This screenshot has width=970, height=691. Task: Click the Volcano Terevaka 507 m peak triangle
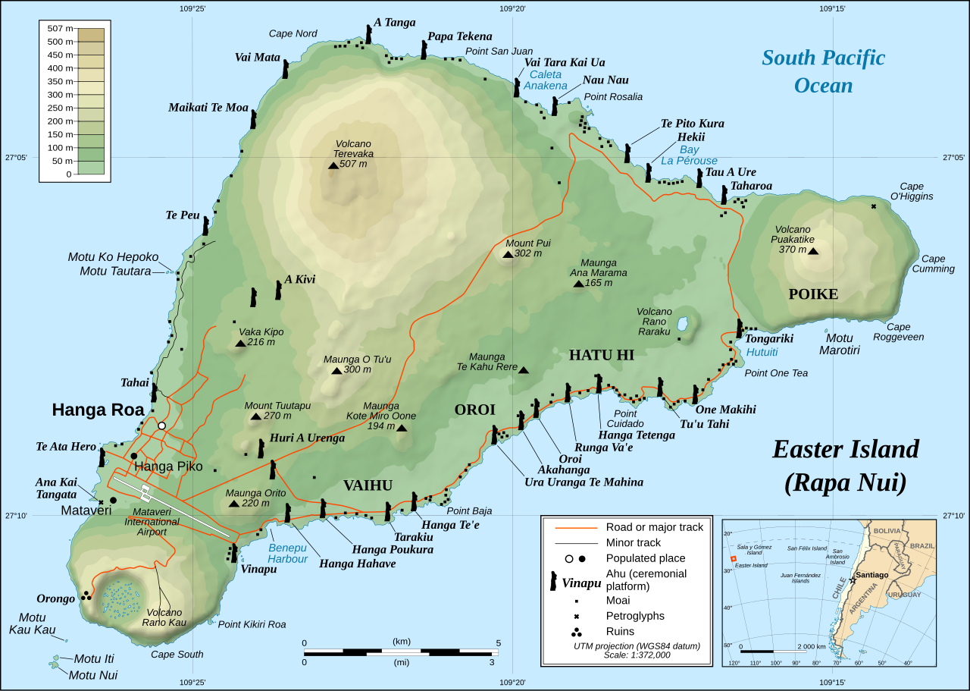(x=333, y=165)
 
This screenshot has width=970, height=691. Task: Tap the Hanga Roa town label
(x=98, y=410)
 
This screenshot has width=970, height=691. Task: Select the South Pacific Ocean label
(x=823, y=71)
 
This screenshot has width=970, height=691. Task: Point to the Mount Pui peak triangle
(x=508, y=254)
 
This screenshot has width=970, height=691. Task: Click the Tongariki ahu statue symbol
(x=739, y=328)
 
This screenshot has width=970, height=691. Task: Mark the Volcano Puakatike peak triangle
(x=813, y=250)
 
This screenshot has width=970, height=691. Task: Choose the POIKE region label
(x=813, y=294)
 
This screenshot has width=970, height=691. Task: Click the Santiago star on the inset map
(x=853, y=580)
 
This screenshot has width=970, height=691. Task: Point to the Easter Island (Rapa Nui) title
(x=845, y=465)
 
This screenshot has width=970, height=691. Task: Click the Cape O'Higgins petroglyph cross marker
(x=874, y=206)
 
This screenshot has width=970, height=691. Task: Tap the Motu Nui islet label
(x=93, y=674)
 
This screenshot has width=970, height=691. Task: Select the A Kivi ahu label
(x=299, y=279)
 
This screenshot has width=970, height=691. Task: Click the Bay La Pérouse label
(x=688, y=155)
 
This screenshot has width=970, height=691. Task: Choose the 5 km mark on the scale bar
(x=497, y=652)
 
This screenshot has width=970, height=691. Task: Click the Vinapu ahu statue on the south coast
(x=234, y=552)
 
